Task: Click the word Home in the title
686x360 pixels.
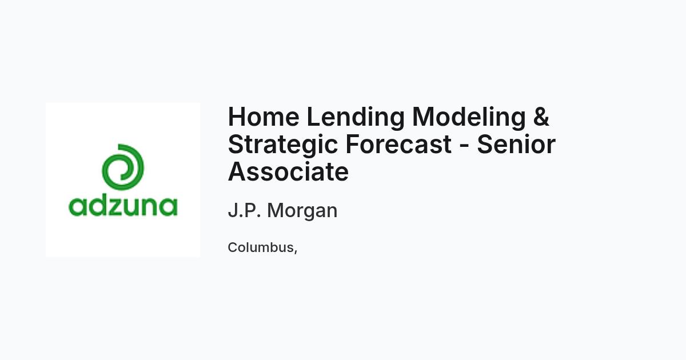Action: pyautogui.click(x=264, y=117)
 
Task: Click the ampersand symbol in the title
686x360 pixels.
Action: pyautogui.click(x=541, y=117)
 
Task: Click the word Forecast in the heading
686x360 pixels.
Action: pyautogui.click(x=398, y=144)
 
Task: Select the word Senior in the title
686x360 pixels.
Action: pyautogui.click(x=516, y=144)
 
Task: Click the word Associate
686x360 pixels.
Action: pyautogui.click(x=288, y=172)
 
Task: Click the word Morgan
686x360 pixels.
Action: pyautogui.click(x=302, y=212)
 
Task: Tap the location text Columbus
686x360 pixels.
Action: pyautogui.click(x=261, y=247)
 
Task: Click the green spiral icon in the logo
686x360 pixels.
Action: pyautogui.click(x=123, y=166)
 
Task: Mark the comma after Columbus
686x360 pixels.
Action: pyautogui.click(x=296, y=251)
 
